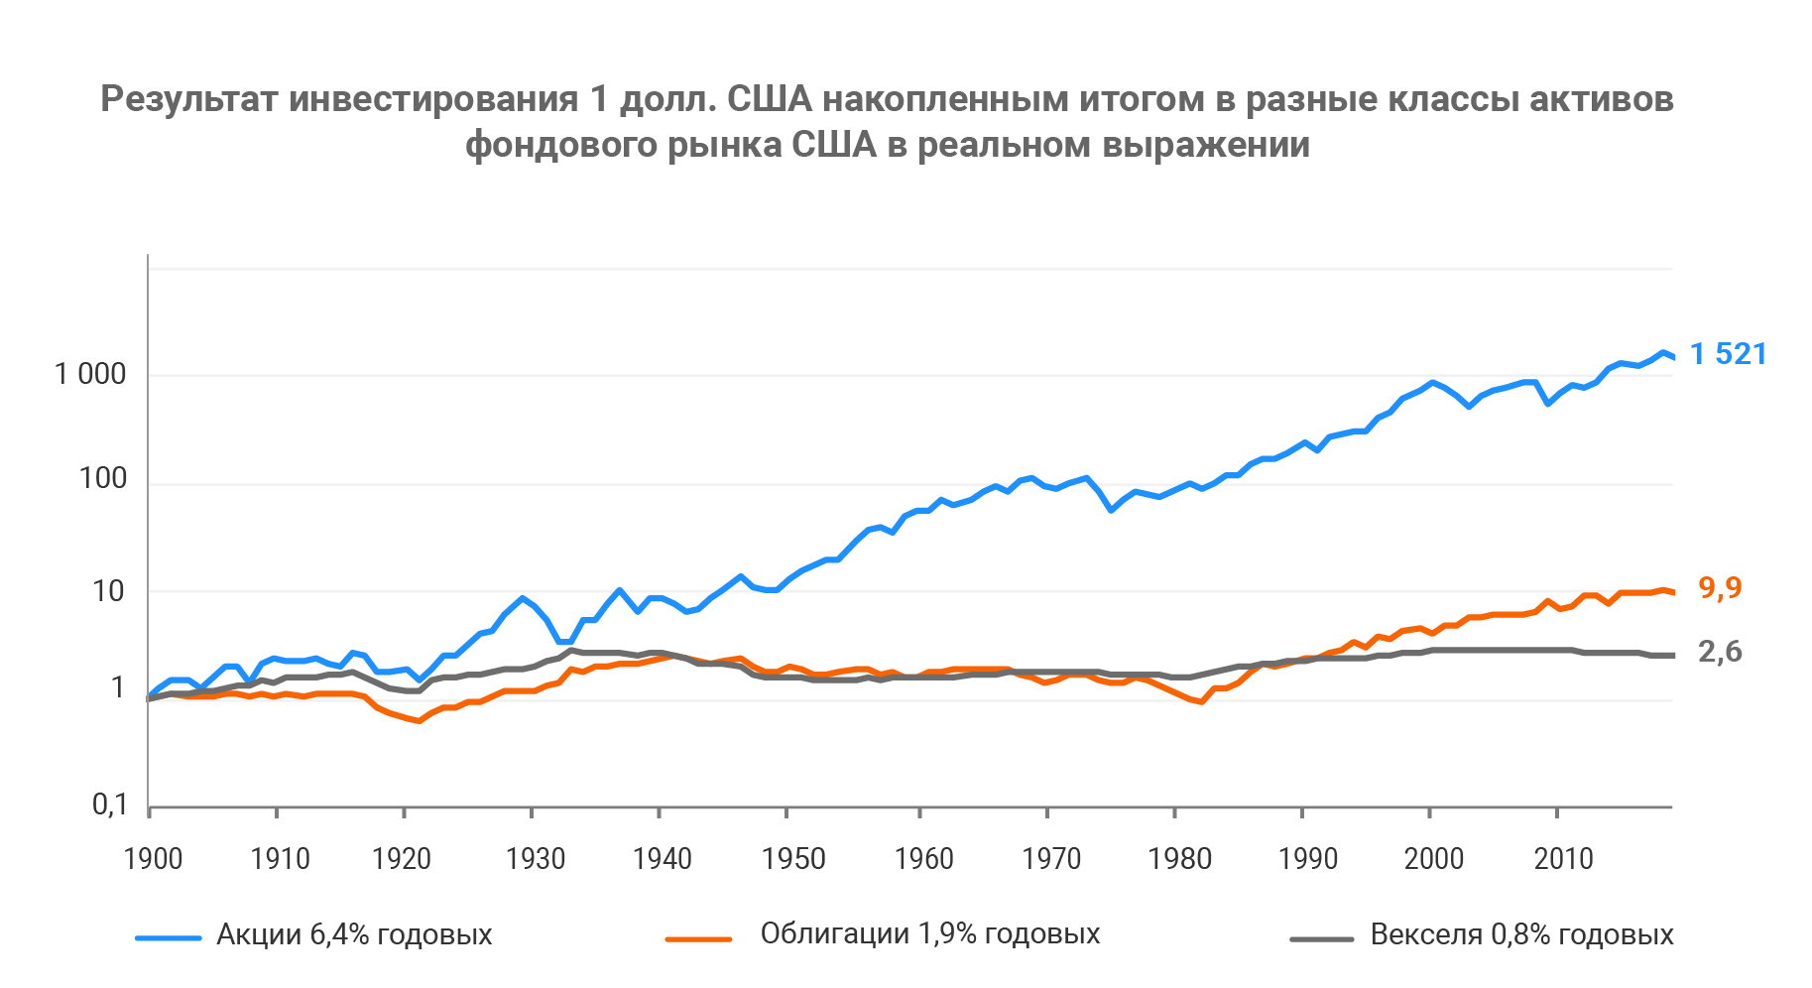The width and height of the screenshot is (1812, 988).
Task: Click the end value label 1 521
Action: click(x=1728, y=354)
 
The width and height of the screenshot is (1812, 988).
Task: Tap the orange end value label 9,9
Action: click(x=1720, y=587)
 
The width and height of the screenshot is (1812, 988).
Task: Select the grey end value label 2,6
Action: click(x=1720, y=651)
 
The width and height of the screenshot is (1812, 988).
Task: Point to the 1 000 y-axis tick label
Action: click(x=90, y=374)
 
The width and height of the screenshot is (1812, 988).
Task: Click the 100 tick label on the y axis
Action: click(x=103, y=479)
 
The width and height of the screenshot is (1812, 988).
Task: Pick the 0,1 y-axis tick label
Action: click(x=110, y=804)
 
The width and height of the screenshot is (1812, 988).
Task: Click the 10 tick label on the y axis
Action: click(x=108, y=591)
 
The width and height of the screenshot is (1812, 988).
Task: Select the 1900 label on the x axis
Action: click(x=153, y=858)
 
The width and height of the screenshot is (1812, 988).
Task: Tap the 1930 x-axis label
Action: click(x=536, y=858)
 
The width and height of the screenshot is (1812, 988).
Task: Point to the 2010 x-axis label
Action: click(x=1564, y=858)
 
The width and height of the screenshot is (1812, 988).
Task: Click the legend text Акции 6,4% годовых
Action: click(x=354, y=934)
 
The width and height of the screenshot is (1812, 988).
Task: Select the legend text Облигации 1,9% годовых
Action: click(x=930, y=933)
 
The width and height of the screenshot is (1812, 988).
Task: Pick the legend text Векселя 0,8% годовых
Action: click(x=1521, y=934)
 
